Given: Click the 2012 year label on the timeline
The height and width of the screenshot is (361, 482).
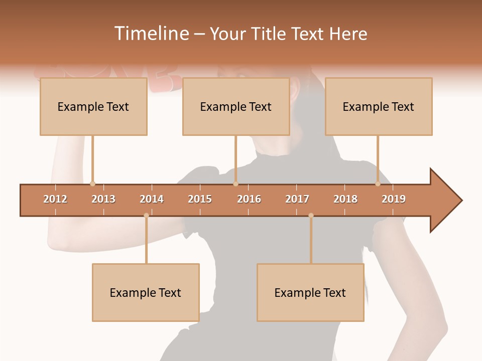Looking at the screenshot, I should coord(55,199).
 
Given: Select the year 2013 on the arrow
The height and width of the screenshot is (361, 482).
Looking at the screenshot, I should coord(103,199).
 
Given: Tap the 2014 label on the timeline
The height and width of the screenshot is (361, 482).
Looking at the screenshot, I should coord(152,199).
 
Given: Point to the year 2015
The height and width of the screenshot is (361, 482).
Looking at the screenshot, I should coord(200,199).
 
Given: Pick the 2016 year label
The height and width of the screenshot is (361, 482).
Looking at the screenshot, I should coord(249,199).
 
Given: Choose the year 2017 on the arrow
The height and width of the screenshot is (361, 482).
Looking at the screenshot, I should coord(297,199).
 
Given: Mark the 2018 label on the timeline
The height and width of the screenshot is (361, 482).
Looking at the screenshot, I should coord(345,199).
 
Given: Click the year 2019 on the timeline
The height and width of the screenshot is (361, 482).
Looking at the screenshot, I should coord(394,199).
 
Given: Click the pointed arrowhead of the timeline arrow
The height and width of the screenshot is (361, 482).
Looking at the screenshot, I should coord(447,200).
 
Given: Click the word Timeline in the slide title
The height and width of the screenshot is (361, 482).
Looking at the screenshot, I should coord(150,34).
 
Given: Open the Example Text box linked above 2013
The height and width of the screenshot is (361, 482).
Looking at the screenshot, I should coord(93,107).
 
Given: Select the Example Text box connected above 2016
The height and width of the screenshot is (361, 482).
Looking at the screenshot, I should coord(236,107).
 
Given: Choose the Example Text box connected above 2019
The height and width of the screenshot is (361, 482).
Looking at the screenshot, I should coord(379,107).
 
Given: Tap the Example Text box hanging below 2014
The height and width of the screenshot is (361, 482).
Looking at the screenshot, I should coord(146,292).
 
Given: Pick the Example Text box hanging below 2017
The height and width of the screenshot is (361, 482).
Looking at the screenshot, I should coord(310,292).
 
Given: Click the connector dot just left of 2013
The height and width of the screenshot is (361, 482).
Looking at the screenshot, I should coord(92,184).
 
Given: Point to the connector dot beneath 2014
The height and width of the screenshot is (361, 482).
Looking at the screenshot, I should coord(146,216).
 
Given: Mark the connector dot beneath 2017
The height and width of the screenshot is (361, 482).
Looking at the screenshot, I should coord(311,216).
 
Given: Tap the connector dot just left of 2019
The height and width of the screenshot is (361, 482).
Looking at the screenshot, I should coord(378,184).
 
